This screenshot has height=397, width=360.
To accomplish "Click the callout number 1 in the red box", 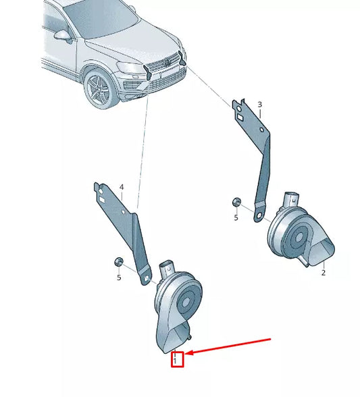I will pos(176,361).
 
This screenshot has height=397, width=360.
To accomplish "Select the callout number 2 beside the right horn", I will pos(324,273).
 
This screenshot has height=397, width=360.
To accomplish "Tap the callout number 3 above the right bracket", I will pos(259,105).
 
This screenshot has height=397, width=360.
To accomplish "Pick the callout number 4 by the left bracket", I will pos(122,186).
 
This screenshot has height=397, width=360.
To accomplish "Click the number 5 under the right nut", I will pos(236,217).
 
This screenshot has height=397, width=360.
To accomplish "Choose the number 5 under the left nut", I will pos(118,277).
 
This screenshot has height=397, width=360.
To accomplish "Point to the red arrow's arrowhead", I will pos(188,353).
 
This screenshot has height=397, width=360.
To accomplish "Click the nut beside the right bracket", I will pos(236,203).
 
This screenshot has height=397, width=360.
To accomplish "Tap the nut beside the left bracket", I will pos(118,261).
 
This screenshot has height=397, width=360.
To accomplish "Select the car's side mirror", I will pos(63,35).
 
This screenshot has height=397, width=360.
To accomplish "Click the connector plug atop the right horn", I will pos(291,199).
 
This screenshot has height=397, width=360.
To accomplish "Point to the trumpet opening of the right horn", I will pos(320,254).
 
